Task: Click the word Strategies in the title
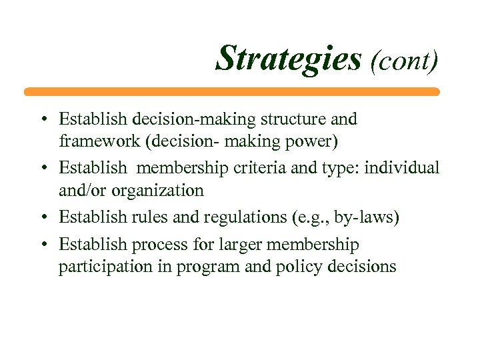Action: click(x=287, y=59)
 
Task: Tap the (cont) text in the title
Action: click(x=403, y=61)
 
